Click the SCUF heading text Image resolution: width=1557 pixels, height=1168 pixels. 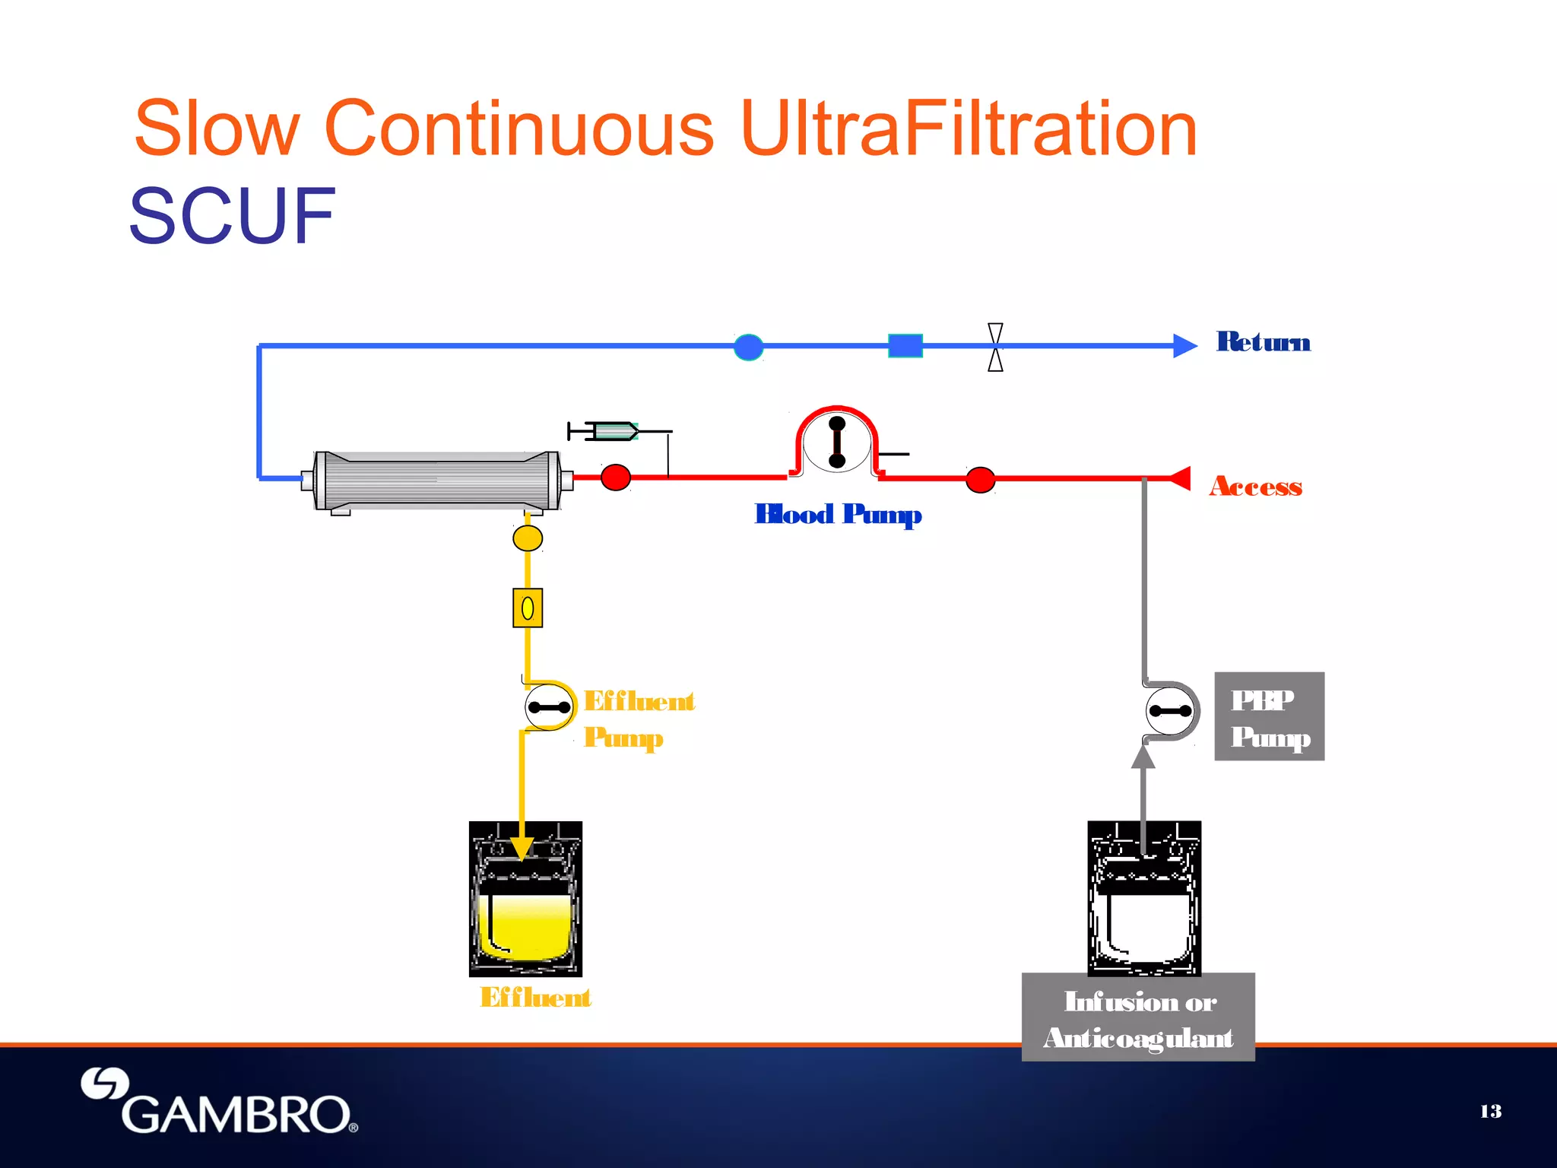point(232,216)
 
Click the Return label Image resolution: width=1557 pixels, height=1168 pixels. point(1263,342)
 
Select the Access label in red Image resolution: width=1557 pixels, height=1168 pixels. point(1255,486)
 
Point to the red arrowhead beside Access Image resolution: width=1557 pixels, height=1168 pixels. point(1179,478)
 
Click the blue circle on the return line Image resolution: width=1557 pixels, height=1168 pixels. point(748,347)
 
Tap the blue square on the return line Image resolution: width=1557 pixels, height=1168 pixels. point(905,346)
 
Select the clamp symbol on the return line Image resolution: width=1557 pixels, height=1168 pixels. point(995,347)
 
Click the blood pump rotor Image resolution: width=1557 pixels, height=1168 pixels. point(837,442)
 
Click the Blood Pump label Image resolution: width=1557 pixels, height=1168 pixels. point(838,515)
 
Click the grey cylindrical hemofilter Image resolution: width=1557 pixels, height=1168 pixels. point(437,481)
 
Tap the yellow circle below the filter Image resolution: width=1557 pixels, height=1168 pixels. point(528,538)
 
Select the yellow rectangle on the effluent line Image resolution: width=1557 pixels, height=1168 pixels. point(528,608)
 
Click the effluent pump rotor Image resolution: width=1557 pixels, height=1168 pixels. point(549,707)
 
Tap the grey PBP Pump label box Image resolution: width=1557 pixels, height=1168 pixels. point(1269,716)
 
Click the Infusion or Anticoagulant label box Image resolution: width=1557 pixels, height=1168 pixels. point(1137,1017)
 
